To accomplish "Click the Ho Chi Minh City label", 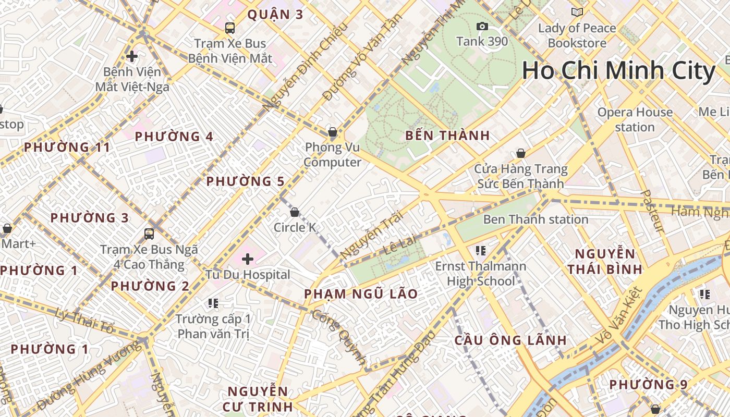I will pos(618,71).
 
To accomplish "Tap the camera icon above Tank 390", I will pos(482,27).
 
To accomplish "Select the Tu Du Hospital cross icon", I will pos(248,259).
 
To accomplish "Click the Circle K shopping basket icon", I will pos(295,212).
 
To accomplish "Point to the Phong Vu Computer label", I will pos(332,155).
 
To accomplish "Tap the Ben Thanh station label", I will pos(536,219).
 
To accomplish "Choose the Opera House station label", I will pos(635,119).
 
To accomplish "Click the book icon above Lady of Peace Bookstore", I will pos(577,13).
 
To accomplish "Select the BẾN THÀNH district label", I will pos(447,136).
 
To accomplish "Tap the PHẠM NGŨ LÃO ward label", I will pos(361,294).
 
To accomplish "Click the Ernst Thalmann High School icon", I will pos(481,251).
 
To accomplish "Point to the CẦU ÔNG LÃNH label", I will pos(510,340).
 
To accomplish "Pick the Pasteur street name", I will pos(652,211).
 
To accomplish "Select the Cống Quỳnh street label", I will pos(339,337).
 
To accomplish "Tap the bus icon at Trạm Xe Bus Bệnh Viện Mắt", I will pos(229,28).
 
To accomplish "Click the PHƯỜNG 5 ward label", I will pos(245,181).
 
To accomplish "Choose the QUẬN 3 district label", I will pos(275,15).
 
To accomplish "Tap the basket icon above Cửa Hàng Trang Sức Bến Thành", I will pos(520,153).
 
